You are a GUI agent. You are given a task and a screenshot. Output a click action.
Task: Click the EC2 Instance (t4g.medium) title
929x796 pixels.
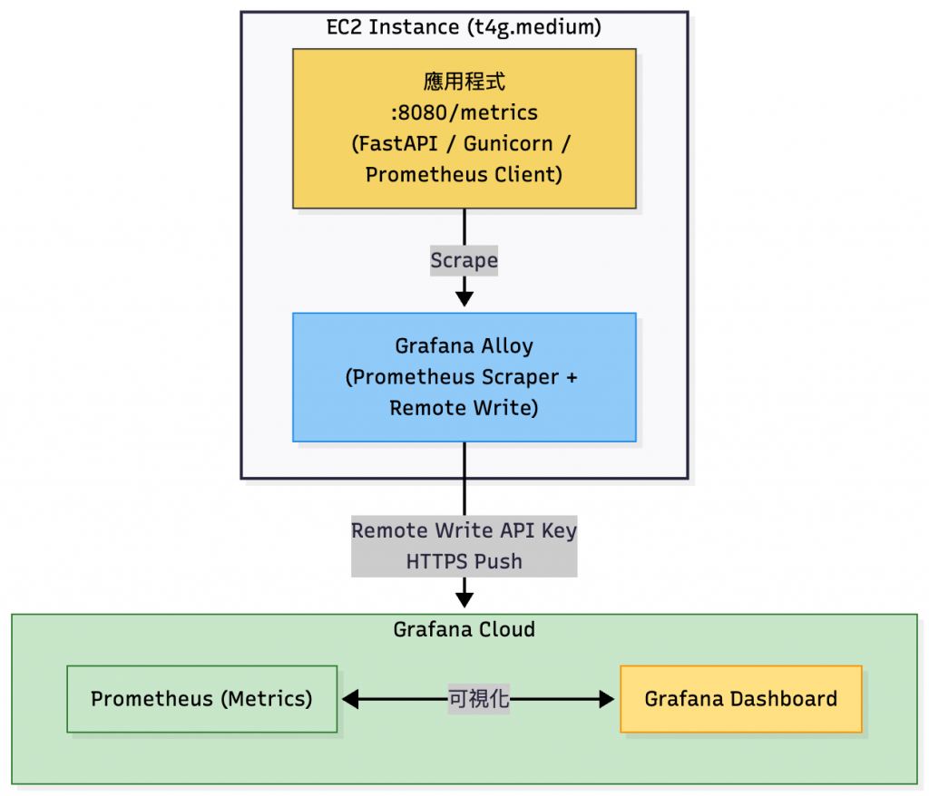coord(464,27)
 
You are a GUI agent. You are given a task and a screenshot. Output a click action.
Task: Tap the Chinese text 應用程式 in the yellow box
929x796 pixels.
coord(464,82)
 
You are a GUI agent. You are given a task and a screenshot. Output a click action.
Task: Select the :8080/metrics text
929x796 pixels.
coord(464,112)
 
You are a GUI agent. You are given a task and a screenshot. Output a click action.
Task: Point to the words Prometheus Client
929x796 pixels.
coord(464,174)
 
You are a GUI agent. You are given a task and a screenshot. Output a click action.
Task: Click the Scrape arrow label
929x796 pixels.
coord(464,261)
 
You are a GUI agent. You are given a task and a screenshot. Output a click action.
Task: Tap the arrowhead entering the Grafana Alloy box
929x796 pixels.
coord(464,298)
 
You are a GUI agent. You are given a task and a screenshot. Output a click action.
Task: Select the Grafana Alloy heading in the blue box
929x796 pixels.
coord(464,346)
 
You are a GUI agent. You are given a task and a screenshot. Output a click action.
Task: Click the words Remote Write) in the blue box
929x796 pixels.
coord(464,408)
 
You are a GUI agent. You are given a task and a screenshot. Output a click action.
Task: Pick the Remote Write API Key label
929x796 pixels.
coord(464,530)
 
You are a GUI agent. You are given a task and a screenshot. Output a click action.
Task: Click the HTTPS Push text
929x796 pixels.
coord(464,561)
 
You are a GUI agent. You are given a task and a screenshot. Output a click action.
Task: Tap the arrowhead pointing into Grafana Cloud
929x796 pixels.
coord(464,599)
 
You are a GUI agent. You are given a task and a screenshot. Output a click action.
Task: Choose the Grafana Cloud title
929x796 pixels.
coord(464,629)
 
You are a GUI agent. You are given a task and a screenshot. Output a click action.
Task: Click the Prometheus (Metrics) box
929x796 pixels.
coord(201,699)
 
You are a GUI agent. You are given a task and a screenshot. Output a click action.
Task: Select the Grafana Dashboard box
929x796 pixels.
coord(740,699)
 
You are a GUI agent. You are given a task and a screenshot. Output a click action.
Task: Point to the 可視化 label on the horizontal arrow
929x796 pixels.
coord(478,699)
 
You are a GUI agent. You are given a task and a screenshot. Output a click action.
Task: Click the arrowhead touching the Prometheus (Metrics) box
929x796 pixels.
coord(350,699)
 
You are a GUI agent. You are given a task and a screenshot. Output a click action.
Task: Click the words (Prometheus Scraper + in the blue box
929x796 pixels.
coord(461,377)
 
